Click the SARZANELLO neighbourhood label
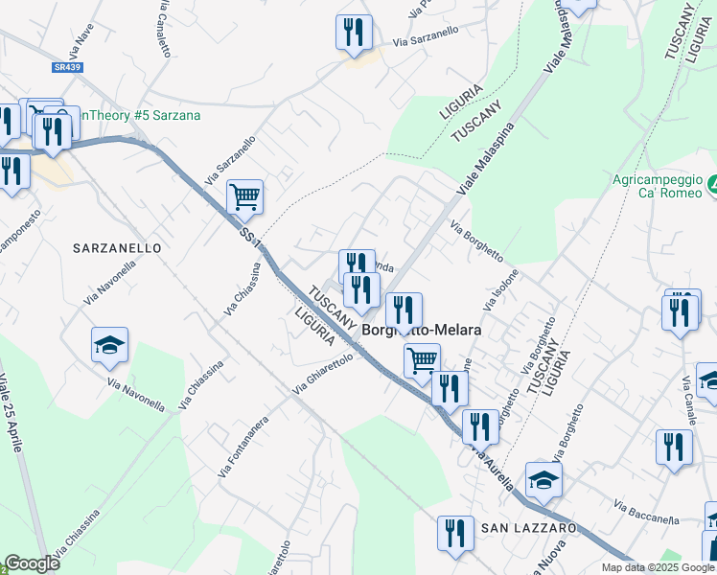[117, 247]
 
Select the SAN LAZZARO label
[528, 528]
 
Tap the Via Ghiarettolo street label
[324, 375]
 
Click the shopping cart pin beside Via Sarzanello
[245, 196]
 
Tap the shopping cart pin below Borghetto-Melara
[422, 360]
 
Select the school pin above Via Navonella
[110, 345]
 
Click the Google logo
[31, 563]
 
